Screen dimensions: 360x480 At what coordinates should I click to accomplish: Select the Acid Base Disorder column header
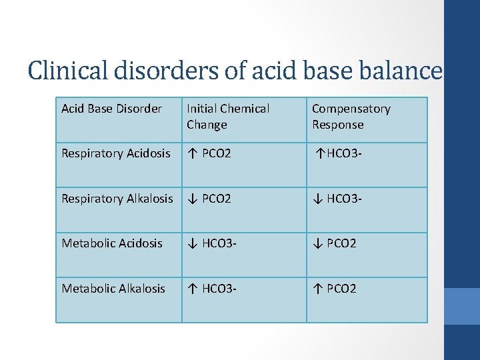(x=111, y=109)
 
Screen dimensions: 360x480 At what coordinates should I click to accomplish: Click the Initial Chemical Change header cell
(x=228, y=117)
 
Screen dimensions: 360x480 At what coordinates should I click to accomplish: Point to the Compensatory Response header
(x=351, y=117)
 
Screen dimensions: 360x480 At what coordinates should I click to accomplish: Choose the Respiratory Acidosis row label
(x=116, y=153)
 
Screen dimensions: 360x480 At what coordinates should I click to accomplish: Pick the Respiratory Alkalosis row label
(x=117, y=199)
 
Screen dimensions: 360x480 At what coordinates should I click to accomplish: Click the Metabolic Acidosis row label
(x=112, y=243)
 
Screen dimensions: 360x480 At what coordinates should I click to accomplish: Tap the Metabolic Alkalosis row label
(x=113, y=289)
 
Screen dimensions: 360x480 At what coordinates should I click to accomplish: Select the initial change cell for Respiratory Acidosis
(x=209, y=153)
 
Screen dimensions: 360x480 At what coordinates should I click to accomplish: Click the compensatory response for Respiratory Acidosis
(x=339, y=153)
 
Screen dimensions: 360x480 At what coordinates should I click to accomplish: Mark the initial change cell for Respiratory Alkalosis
(x=209, y=199)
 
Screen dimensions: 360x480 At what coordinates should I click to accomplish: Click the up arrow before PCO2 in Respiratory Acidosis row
(x=191, y=153)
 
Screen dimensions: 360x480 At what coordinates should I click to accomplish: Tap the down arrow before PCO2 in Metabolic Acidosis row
(x=317, y=243)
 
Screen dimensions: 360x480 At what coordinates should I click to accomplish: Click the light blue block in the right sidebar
(x=461, y=306)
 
